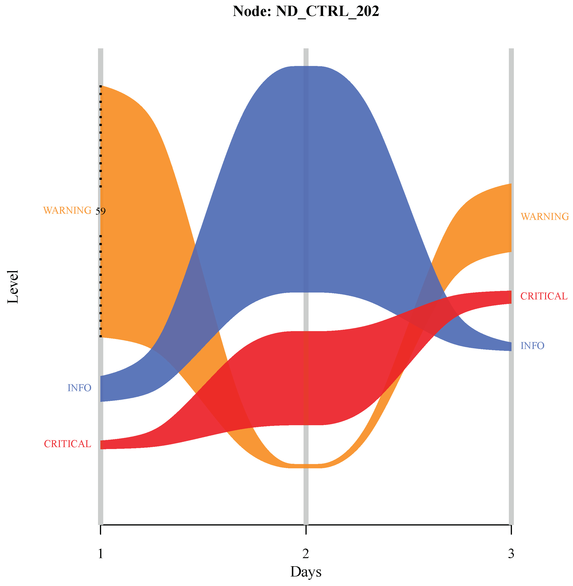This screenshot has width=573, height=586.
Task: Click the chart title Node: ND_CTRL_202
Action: [x=306, y=11]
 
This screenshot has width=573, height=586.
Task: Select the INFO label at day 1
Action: [x=79, y=388]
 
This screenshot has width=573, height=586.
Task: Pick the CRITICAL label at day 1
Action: [x=67, y=444]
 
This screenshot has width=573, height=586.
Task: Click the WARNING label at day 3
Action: [x=544, y=217]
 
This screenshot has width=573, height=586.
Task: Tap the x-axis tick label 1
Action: [x=101, y=554]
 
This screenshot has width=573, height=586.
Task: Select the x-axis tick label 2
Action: [x=306, y=554]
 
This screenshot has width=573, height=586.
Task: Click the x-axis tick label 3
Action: [x=511, y=554]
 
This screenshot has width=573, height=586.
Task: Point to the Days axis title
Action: [x=306, y=571]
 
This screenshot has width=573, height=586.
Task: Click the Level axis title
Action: [x=13, y=287]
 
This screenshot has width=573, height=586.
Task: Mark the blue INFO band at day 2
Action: [x=306, y=179]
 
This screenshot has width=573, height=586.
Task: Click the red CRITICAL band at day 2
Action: [x=306, y=378]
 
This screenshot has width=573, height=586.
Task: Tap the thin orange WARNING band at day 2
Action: [x=306, y=466]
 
